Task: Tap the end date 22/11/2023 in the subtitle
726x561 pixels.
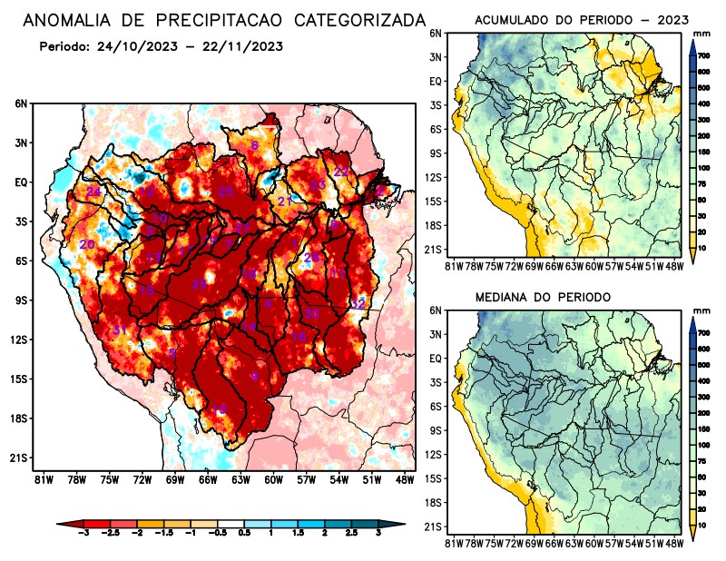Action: (244, 46)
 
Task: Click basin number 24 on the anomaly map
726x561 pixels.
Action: (93, 192)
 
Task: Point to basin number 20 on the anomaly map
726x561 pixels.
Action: (87, 244)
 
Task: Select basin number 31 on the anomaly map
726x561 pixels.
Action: (118, 330)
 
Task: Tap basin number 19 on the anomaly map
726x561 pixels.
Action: (219, 409)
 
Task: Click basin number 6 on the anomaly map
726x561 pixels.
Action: (255, 145)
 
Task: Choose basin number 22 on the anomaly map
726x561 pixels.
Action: (342, 172)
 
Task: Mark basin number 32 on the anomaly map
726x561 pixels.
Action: (358, 303)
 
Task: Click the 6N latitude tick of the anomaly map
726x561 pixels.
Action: (20, 104)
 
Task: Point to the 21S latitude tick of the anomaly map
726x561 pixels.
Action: (19, 458)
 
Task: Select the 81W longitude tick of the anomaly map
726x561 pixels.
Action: (41, 478)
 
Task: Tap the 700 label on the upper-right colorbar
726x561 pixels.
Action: (703, 54)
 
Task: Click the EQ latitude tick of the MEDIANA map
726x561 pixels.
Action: (437, 359)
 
